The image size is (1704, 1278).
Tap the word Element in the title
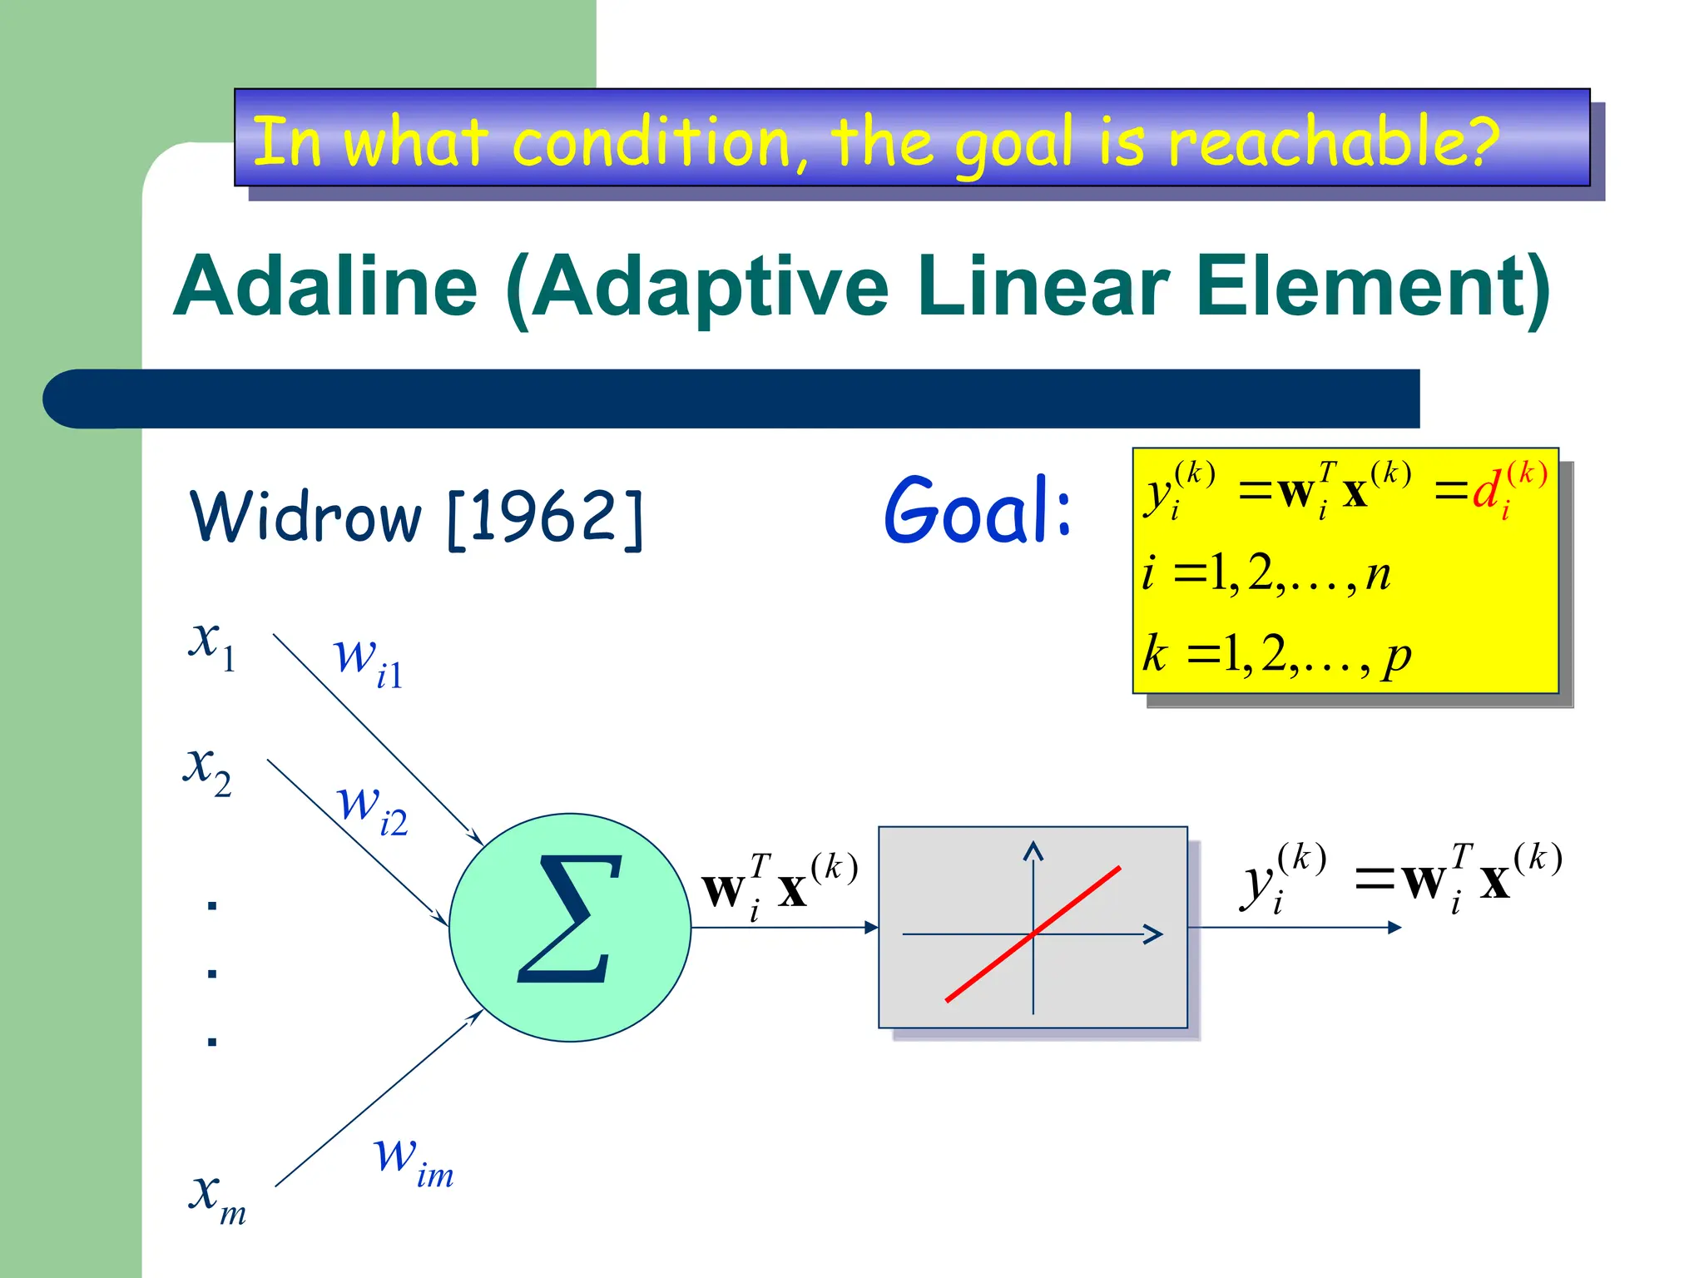pyautogui.click(x=1373, y=287)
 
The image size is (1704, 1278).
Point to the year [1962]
pyautogui.click(x=546, y=518)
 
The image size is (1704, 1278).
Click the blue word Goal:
pyautogui.click(x=978, y=511)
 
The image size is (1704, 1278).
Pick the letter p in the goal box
pyautogui.click(x=1397, y=656)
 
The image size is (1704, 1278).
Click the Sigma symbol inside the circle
pyautogui.click(x=569, y=919)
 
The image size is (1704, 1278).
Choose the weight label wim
pyautogui.click(x=413, y=1161)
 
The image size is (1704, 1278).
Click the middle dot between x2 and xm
pyautogui.click(x=212, y=973)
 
